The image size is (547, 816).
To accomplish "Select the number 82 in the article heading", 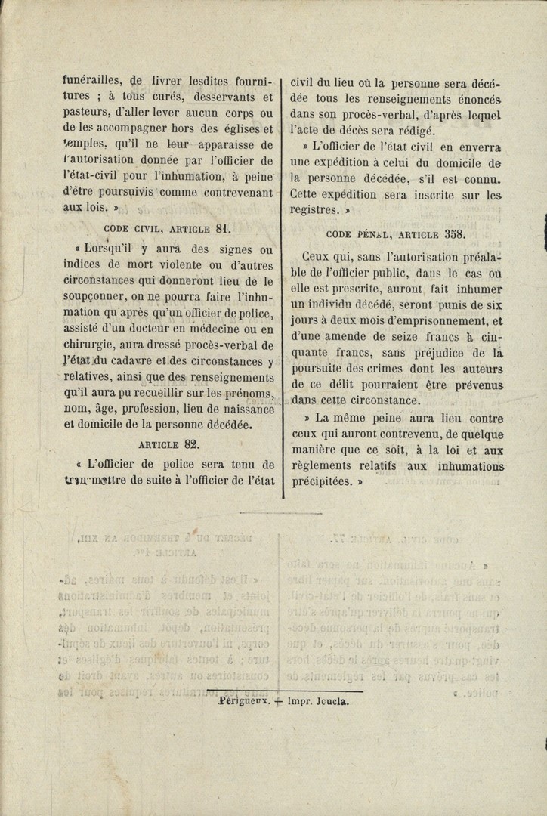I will tap(191, 444).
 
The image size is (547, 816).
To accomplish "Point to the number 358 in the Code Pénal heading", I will tap(453, 233).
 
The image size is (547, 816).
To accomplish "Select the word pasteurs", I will tap(84, 113).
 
